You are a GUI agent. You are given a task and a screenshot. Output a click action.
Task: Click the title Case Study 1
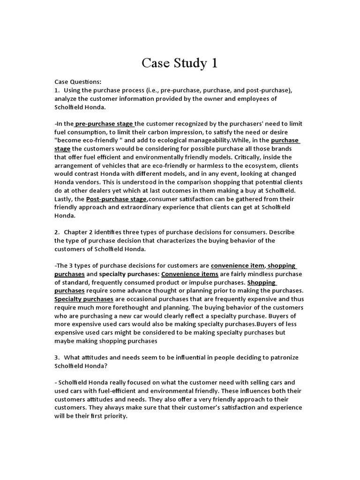[x=180, y=63]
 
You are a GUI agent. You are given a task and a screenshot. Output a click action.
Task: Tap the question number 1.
[x=56, y=90]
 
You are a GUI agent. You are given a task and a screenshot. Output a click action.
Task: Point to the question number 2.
[x=56, y=232]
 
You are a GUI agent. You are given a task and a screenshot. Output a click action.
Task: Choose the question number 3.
[x=56, y=357]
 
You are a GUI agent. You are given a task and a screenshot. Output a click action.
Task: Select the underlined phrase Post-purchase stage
[x=116, y=199]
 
